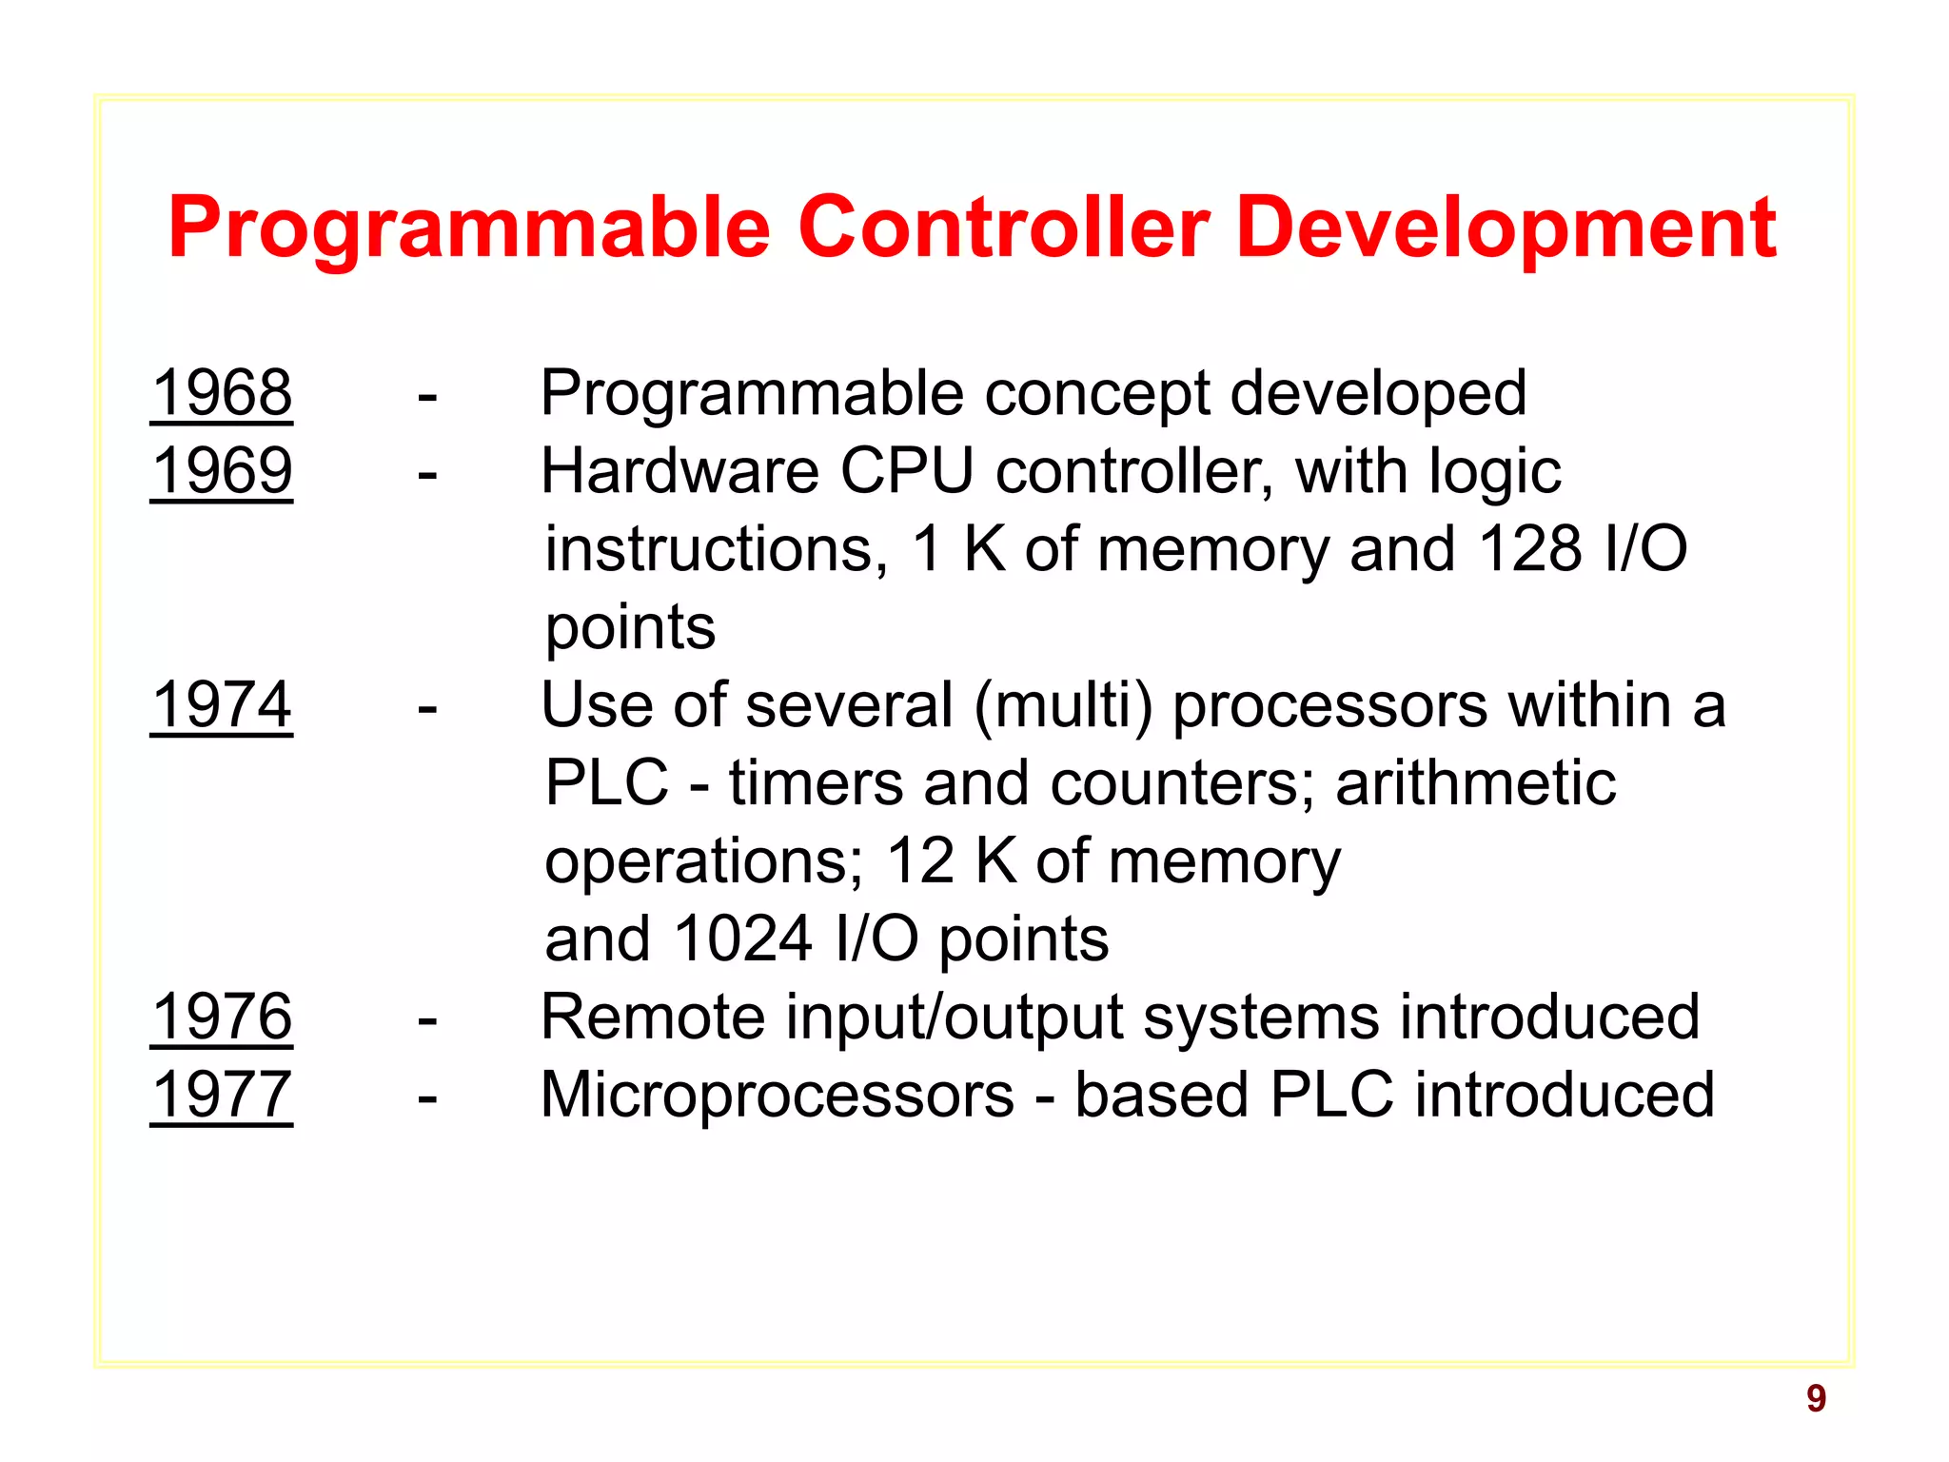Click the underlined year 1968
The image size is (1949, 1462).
222,392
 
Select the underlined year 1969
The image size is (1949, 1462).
222,470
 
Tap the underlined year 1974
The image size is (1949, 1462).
222,704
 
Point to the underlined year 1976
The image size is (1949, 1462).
222,1017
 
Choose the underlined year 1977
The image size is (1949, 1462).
222,1095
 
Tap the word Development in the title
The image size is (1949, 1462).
1506,228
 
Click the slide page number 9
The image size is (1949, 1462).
1816,1398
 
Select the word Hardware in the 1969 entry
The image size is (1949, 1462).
679,470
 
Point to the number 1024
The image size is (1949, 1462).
743,938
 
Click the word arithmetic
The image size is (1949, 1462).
1475,782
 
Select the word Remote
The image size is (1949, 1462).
653,1017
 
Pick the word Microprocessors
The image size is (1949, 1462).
778,1095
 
